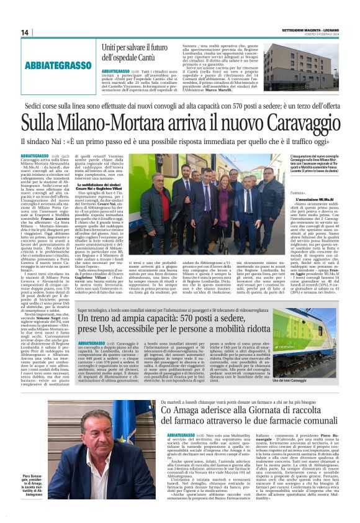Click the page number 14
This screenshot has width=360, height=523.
[x=25, y=32]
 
